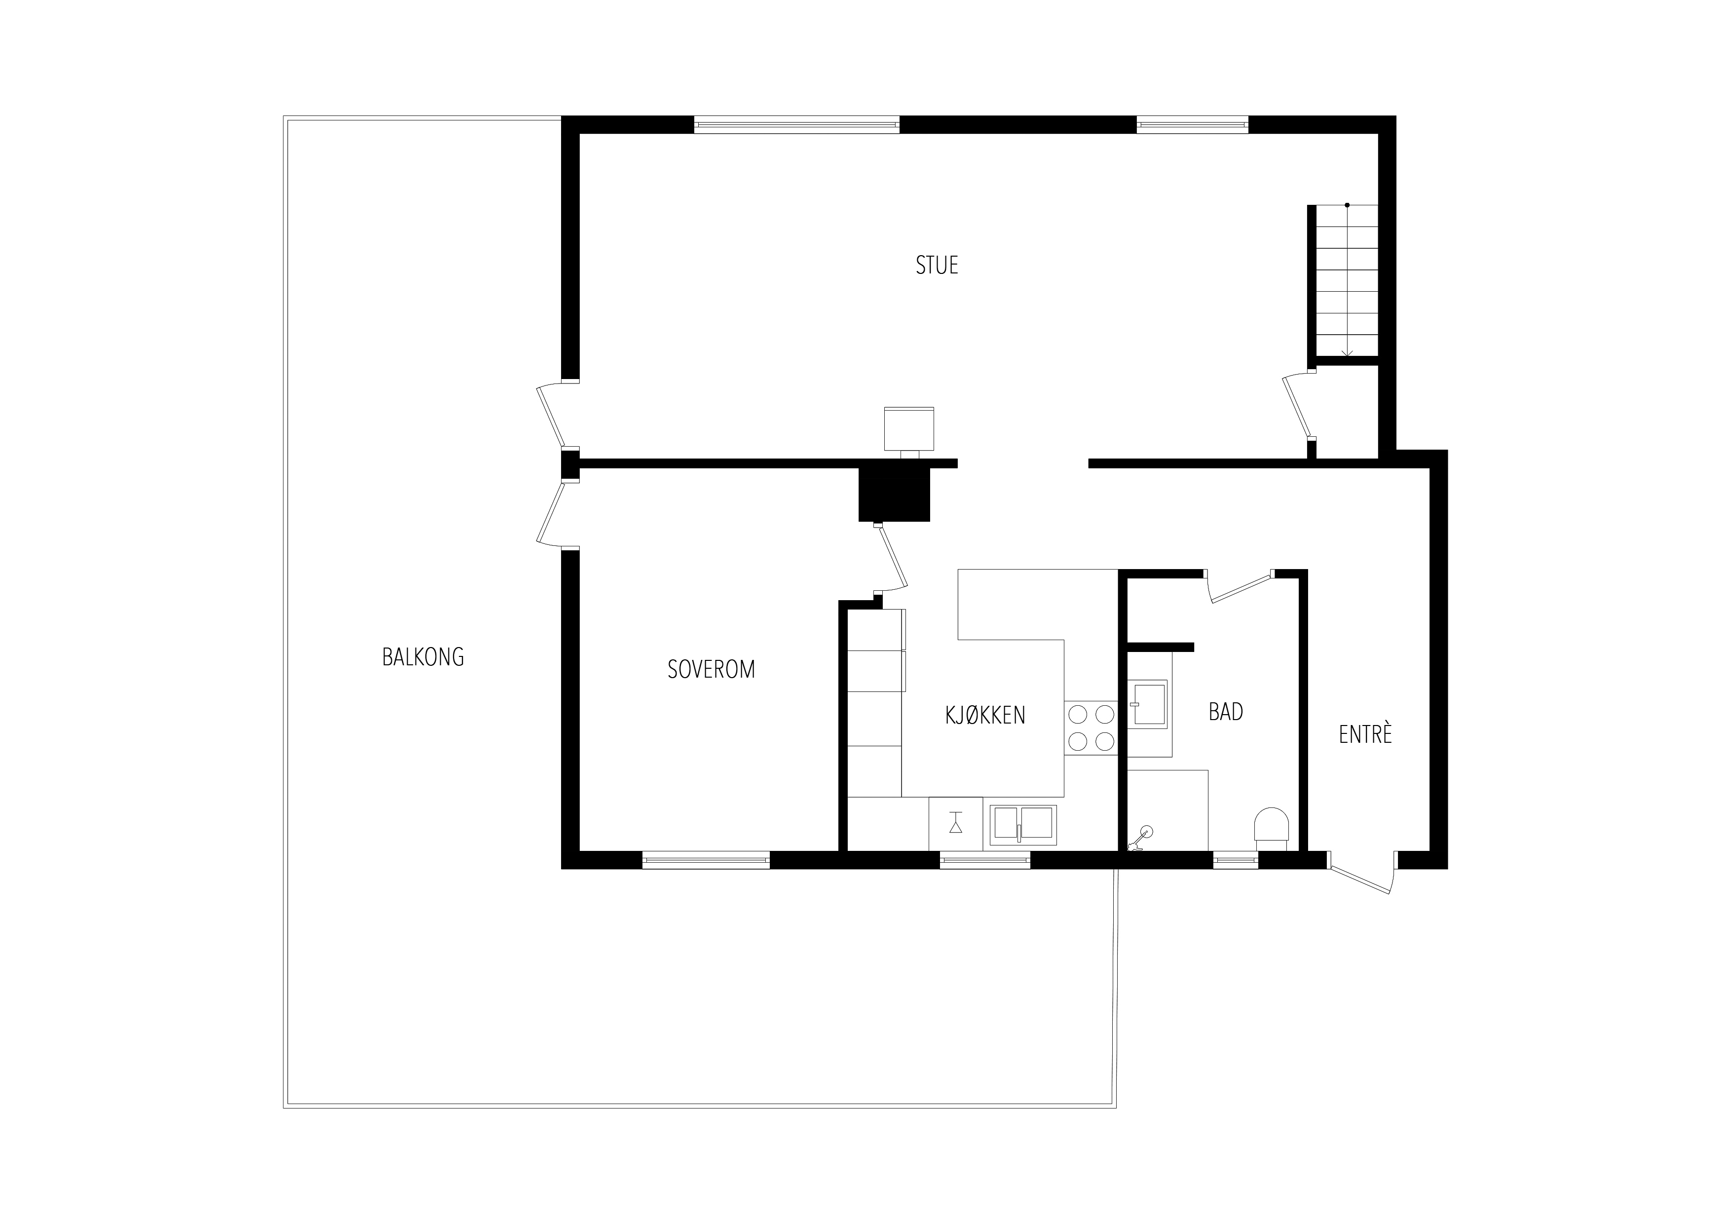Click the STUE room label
coord(937,266)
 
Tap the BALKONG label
coord(423,657)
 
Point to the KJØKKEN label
coord(985,715)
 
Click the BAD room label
coord(1226,712)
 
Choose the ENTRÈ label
coord(1365,734)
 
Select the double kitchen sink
coord(1023,825)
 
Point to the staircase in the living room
coord(1347,280)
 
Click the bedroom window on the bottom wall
coord(706,860)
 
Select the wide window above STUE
coord(797,124)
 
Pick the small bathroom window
coord(1236,860)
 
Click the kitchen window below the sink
coord(984,860)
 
